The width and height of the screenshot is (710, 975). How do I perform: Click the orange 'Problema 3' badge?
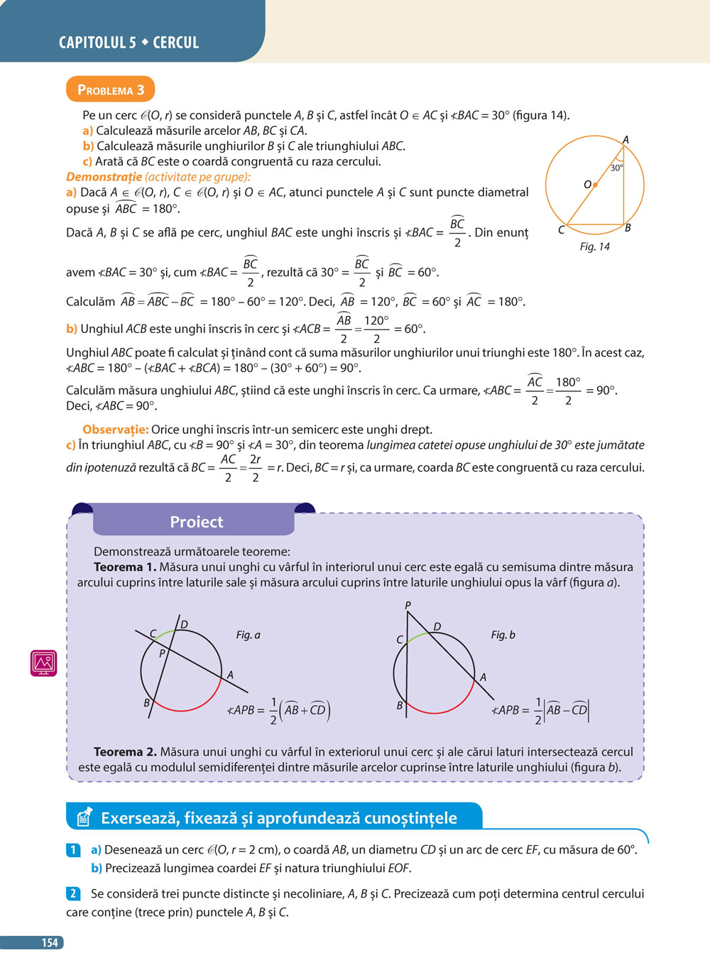point(110,89)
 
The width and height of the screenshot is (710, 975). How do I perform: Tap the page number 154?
point(49,942)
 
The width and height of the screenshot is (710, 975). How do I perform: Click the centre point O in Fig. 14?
point(595,185)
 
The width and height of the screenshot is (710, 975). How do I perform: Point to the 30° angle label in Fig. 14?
point(616,168)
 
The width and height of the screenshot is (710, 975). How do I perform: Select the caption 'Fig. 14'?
point(594,246)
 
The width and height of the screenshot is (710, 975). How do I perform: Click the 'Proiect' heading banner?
point(196,522)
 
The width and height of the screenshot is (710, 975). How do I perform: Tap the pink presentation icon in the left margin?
point(43,663)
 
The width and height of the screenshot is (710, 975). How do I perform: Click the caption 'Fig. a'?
point(248,635)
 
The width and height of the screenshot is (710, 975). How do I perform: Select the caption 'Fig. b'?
point(503,635)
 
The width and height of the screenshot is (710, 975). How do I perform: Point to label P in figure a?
point(162,653)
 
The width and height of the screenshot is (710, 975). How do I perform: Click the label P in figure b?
point(408,606)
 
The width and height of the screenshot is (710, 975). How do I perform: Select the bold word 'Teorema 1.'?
point(125,567)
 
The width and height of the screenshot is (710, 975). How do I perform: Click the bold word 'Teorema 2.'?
point(125,751)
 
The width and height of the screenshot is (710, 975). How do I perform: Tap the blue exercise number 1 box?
point(73,849)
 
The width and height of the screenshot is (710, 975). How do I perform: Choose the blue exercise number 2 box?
point(73,893)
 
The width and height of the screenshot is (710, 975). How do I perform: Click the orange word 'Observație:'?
point(115,430)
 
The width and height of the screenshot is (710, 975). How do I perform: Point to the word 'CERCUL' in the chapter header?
point(176,43)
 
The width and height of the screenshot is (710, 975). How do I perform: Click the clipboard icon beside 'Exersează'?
point(84,817)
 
